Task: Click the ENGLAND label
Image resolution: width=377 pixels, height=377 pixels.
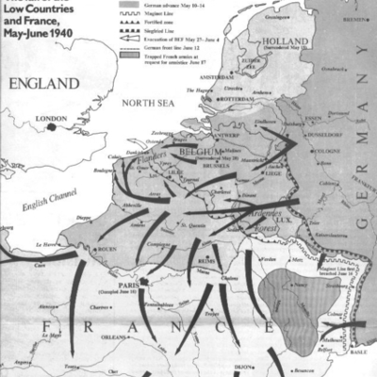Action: click(x=36, y=83)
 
